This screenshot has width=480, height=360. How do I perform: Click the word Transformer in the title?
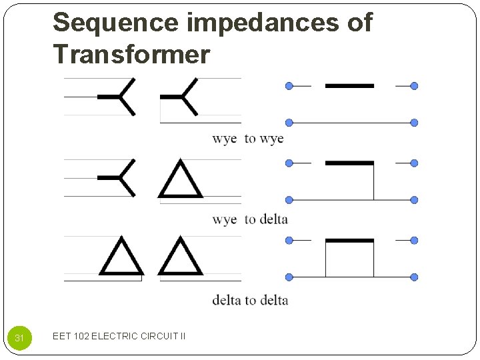tap(131, 54)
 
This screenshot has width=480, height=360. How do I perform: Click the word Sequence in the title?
tap(116, 23)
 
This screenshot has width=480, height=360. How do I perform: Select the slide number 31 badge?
tap(19, 338)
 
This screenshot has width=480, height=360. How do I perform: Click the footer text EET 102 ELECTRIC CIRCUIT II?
tap(119, 336)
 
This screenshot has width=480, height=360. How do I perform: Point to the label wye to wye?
tap(247, 139)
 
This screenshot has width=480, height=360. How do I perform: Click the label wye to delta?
tap(249, 219)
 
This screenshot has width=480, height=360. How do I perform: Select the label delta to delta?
tap(250, 300)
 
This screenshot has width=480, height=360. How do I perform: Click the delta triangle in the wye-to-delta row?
tap(181, 180)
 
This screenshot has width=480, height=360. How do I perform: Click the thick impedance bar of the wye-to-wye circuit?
tap(349, 86)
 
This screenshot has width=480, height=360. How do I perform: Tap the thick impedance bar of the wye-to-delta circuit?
tap(349, 163)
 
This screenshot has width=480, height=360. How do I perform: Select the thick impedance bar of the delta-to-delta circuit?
tap(349, 240)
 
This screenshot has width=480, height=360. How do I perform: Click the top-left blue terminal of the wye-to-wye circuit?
tap(289, 86)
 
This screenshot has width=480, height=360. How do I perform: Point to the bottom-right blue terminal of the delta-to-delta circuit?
tap(414, 277)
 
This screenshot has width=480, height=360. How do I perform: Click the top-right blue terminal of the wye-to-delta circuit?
tap(414, 163)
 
